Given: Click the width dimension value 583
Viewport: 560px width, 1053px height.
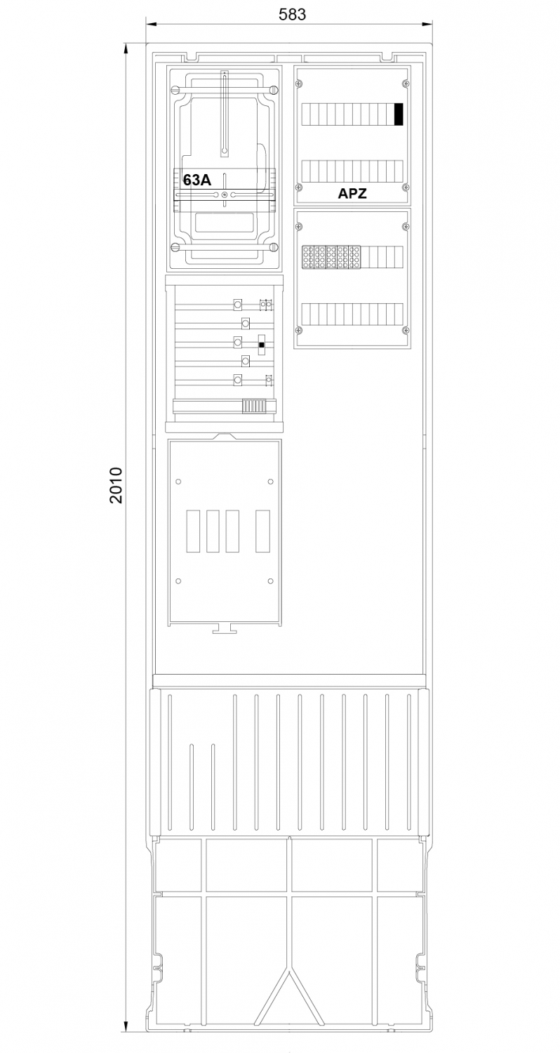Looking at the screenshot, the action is [292, 14].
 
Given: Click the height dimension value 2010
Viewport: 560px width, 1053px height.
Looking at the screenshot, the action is [116, 485].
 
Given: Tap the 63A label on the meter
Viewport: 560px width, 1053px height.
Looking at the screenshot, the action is [197, 180].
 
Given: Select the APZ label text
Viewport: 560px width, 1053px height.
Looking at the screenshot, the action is [352, 193].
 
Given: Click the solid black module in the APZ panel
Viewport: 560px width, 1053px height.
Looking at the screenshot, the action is [399, 114].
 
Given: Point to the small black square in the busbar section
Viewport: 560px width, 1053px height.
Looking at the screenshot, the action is [262, 345].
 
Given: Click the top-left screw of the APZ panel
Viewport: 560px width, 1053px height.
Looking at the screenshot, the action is [298, 84].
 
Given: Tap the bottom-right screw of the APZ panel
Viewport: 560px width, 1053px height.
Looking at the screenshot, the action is [406, 187].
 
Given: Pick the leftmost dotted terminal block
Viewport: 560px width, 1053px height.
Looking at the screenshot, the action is [307, 258].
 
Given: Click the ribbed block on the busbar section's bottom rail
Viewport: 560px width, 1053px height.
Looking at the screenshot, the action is [254, 406].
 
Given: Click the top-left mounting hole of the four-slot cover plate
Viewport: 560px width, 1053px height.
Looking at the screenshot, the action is [178, 482].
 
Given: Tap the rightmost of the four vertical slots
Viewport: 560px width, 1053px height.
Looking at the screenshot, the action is [262, 531].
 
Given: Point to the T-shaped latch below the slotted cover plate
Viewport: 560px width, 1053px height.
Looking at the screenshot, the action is [225, 628].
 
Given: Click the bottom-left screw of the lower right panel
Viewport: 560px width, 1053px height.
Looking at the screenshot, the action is [298, 330].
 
